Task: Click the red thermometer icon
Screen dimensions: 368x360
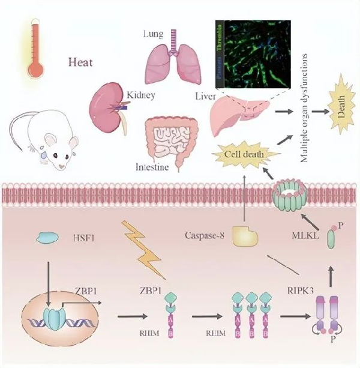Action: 35,50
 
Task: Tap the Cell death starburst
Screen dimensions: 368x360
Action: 244,155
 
